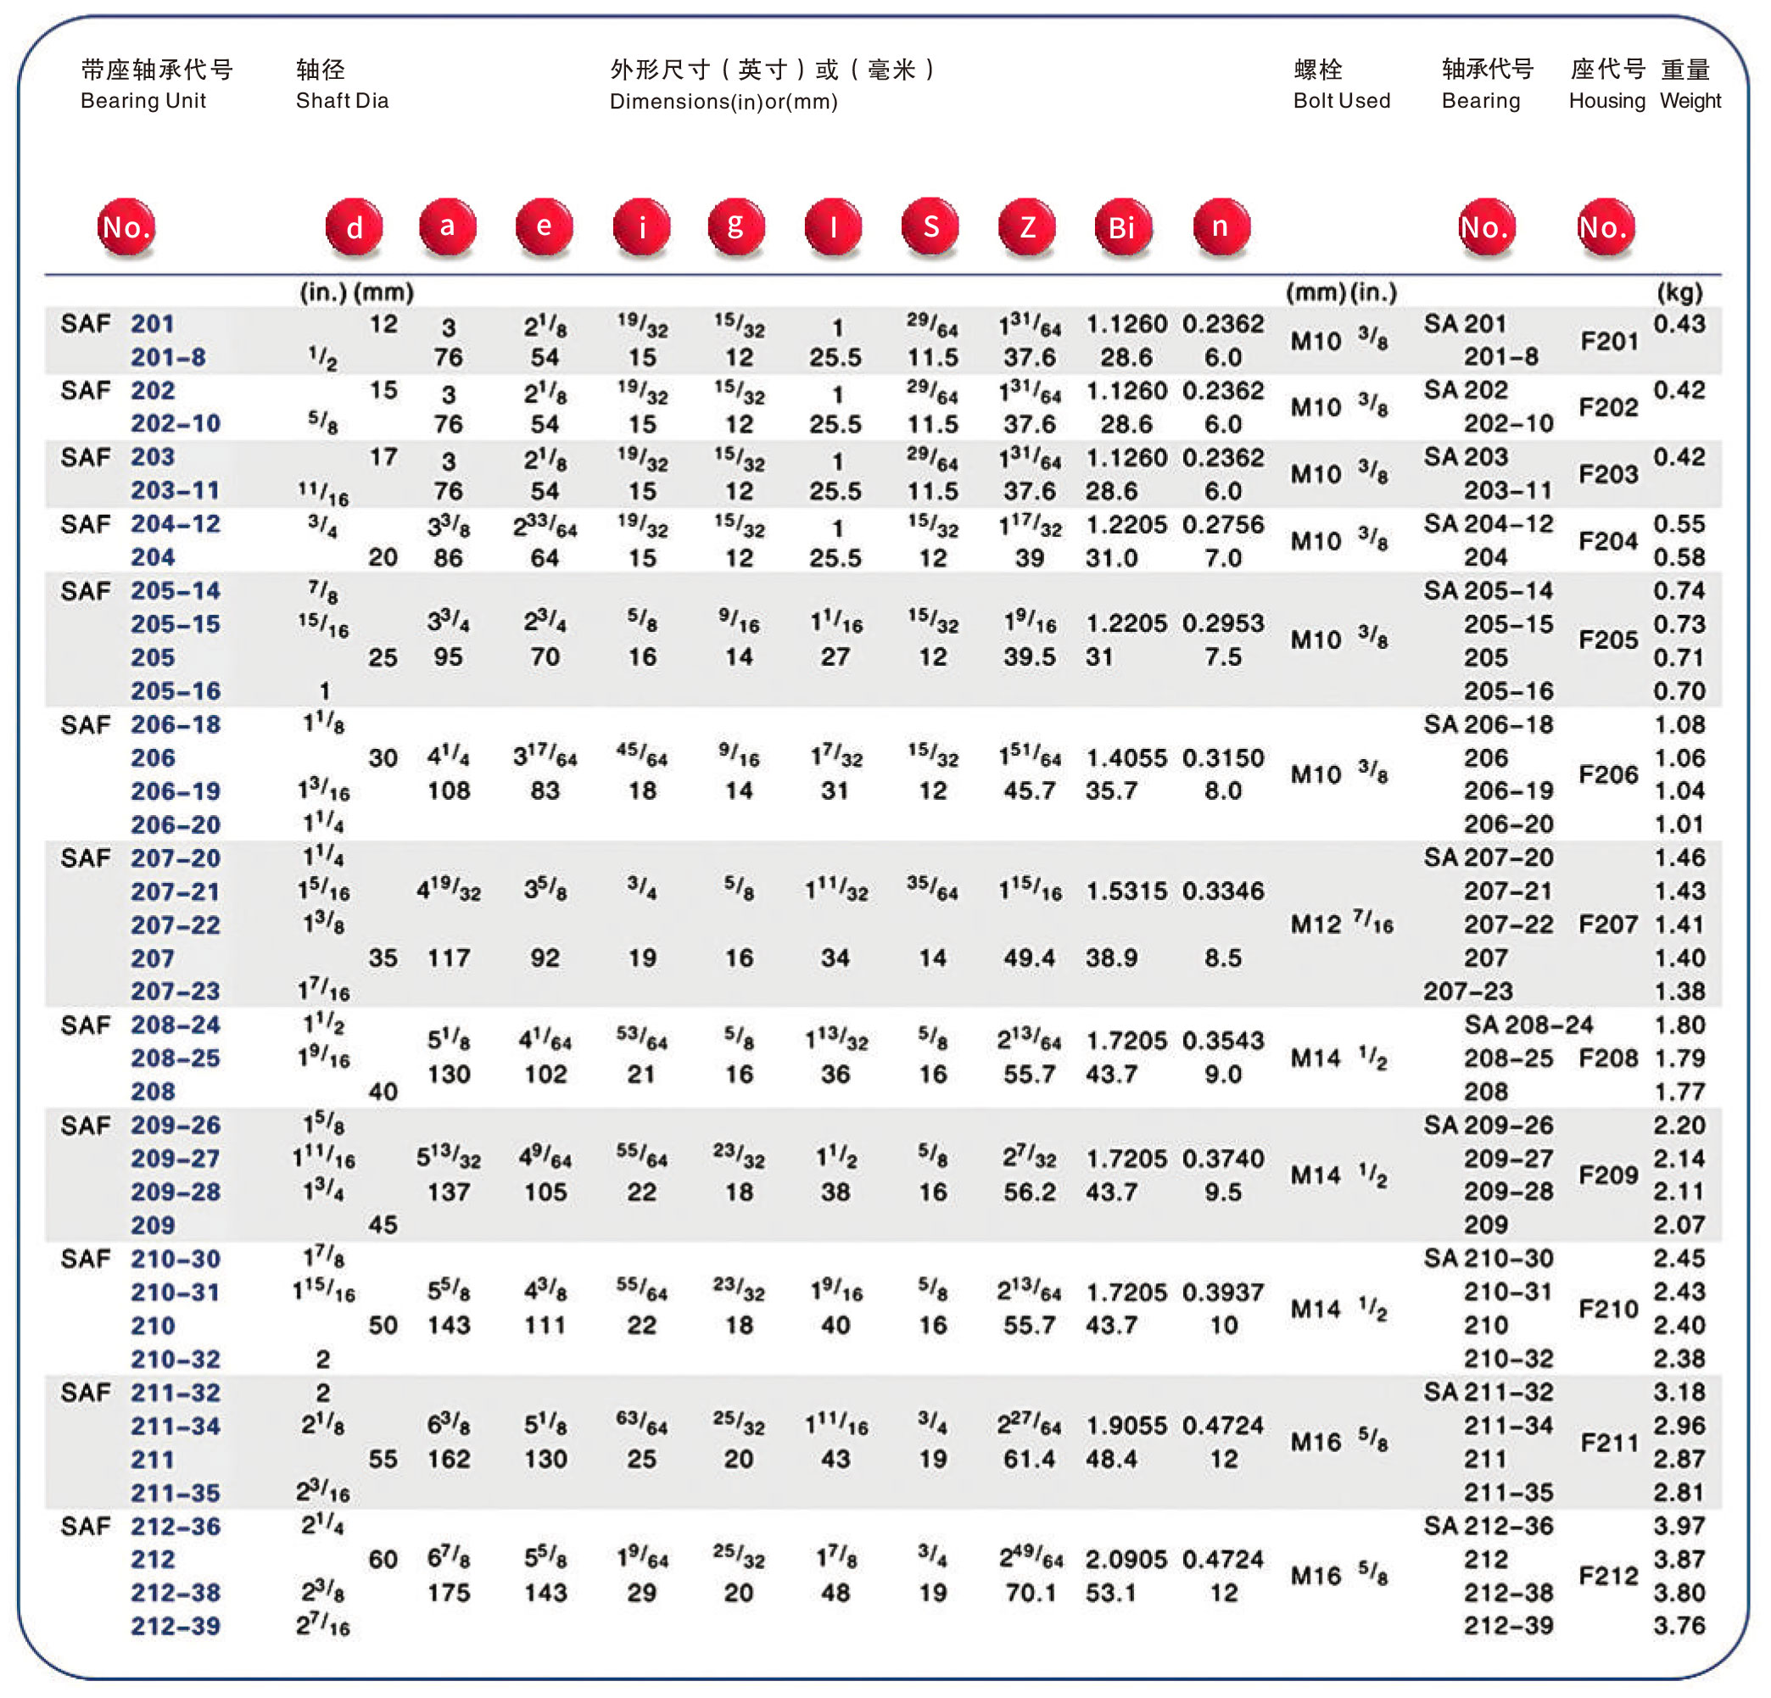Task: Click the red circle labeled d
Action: pyautogui.click(x=355, y=226)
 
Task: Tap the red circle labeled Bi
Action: pyautogui.click(x=1122, y=226)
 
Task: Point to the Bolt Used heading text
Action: pyautogui.click(x=1341, y=100)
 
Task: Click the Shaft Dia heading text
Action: pyautogui.click(x=342, y=100)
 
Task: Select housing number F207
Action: pyautogui.click(x=1607, y=924)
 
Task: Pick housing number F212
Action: pyautogui.click(x=1607, y=1576)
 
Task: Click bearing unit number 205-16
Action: pyautogui.click(x=176, y=691)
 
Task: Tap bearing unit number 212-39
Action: pyautogui.click(x=176, y=1627)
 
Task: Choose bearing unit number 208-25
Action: pyautogui.click(x=176, y=1058)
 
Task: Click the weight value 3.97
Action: pyautogui.click(x=1679, y=1527)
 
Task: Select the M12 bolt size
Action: pyautogui.click(x=1315, y=924)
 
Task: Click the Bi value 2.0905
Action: pyautogui.click(x=1126, y=1560)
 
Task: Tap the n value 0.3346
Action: pyautogui.click(x=1222, y=891)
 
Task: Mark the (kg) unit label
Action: pyautogui.click(x=1679, y=292)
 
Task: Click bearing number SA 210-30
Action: pyautogui.click(x=1489, y=1259)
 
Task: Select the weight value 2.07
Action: pyautogui.click(x=1679, y=1226)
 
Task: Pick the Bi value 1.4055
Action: pyautogui.click(x=1126, y=757)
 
